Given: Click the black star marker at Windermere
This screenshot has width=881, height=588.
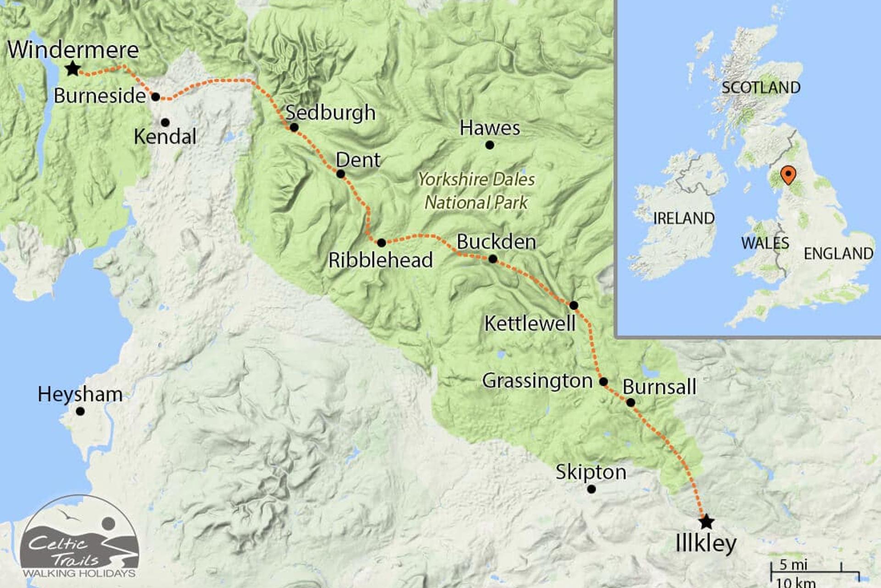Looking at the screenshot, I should tap(72, 69).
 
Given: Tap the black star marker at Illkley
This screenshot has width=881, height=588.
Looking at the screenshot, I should tap(707, 522).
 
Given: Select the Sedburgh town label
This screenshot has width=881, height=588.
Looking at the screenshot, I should tap(330, 113).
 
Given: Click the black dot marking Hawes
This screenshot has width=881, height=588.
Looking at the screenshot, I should tap(490, 145).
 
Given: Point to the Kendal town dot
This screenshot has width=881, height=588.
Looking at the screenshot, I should tap(165, 122).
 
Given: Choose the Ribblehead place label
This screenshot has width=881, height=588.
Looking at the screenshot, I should tap(380, 260).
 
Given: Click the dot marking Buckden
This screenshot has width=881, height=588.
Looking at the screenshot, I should tap(492, 259).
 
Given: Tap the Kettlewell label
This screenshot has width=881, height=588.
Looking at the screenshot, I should tap(530, 323).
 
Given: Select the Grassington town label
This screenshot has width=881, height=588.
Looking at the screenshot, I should tap(537, 381).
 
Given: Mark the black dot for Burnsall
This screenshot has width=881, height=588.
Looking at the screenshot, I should tap(630, 402).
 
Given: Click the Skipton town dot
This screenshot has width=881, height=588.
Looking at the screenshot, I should tap(591, 489).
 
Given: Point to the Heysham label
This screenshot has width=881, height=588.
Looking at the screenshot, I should tap(80, 394).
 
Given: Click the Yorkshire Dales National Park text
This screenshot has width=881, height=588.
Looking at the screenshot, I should tap(476, 191).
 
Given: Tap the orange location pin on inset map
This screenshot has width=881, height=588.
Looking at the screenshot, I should tap(788, 175).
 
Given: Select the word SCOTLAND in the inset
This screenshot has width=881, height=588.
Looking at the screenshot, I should tap(761, 87).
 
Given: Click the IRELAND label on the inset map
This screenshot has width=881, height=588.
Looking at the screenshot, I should tap(684, 218).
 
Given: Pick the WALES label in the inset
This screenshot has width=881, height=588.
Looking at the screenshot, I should tap(765, 243).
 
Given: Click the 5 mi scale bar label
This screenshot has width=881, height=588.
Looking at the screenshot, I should tap(793, 565).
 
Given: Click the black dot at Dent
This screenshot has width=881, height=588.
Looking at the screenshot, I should tap(340, 174).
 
